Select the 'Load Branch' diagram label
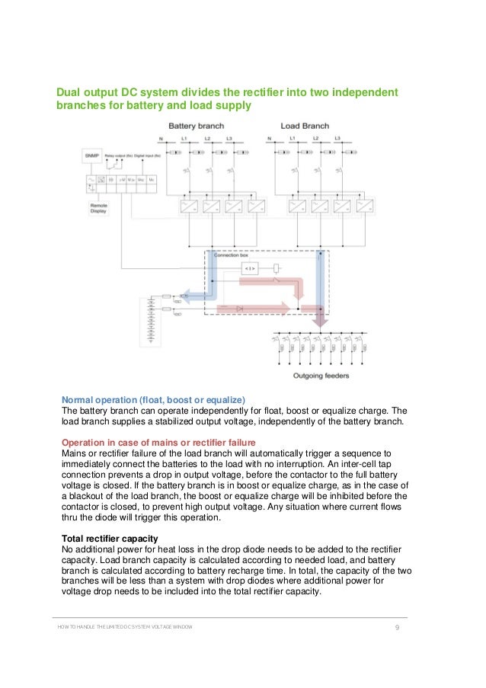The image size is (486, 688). coord(304,126)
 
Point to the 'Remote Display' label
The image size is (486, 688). coord(99,208)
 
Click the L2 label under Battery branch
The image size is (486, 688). coord(206,139)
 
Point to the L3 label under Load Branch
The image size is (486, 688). coord(338,139)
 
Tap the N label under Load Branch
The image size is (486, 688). coord(270,139)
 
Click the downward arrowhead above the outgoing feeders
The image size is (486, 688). coord(321,320)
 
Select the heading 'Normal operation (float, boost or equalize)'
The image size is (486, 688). coord(153,400)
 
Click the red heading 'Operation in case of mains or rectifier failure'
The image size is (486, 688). coord(158,443)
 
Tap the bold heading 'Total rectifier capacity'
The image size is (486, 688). coord(110,539)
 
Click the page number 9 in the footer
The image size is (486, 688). coord(398,627)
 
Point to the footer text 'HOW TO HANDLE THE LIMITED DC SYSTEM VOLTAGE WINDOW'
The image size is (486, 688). coord(125,627)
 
